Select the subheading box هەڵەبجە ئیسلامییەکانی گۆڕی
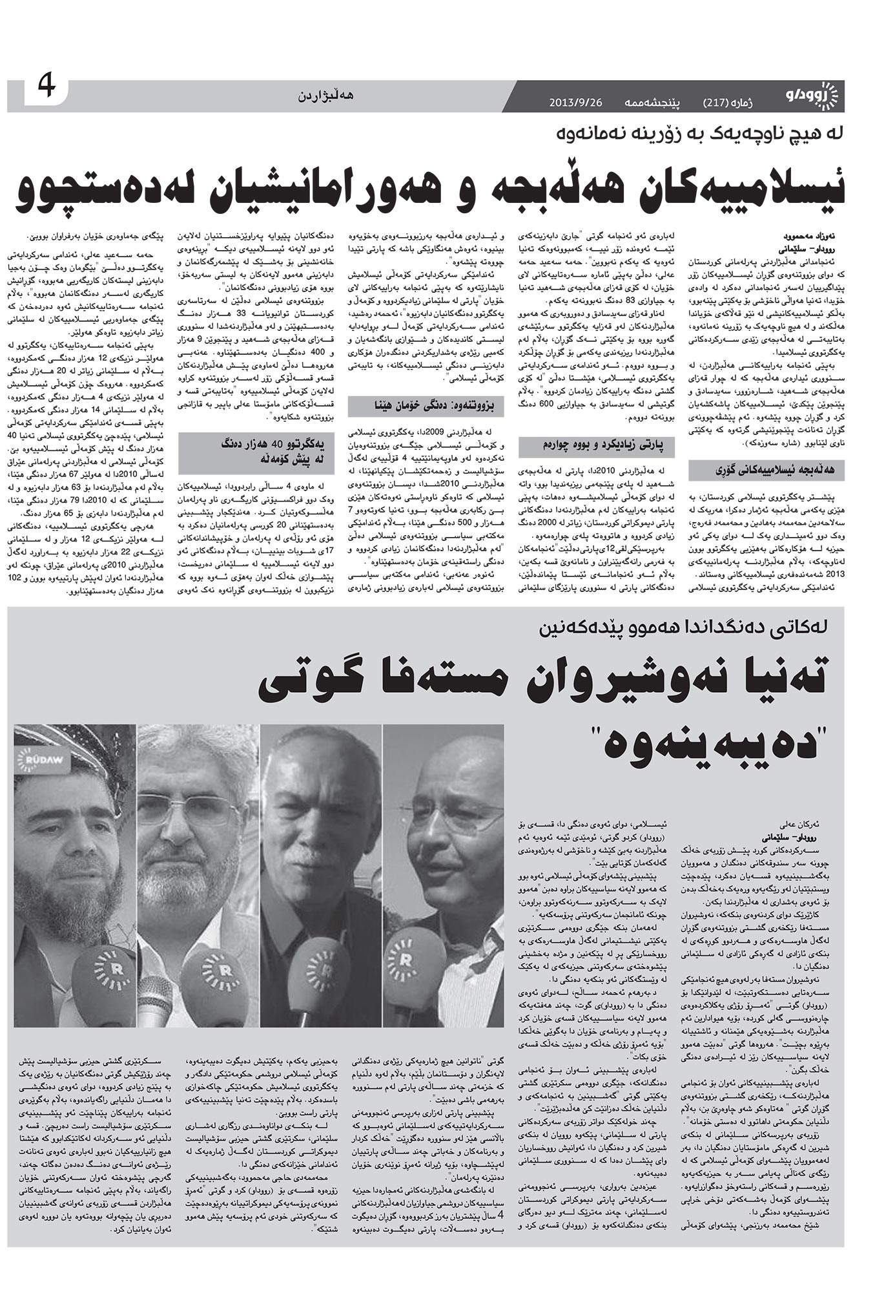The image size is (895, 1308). click(765, 470)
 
